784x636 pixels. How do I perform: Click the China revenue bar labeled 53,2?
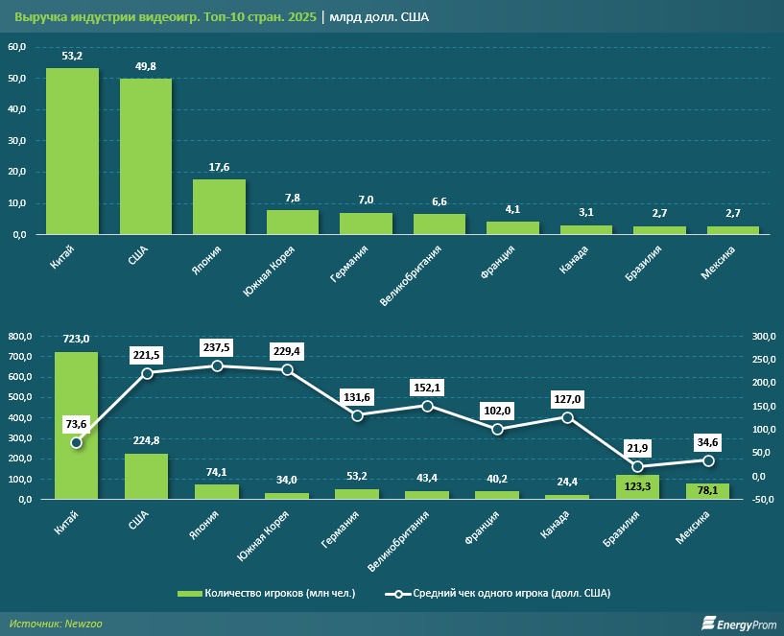[73, 152]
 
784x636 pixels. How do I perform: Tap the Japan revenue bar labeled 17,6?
[219, 207]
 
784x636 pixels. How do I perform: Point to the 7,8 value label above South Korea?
[293, 198]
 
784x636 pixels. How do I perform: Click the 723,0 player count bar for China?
[76, 425]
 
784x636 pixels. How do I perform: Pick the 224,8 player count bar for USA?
[147, 476]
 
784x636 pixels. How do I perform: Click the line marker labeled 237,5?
[217, 365]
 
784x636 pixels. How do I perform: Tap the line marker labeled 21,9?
[637, 466]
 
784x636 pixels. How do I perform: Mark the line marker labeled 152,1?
[427, 406]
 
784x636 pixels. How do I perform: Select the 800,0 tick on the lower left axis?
[19, 336]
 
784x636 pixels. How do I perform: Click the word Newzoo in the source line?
[83, 624]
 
